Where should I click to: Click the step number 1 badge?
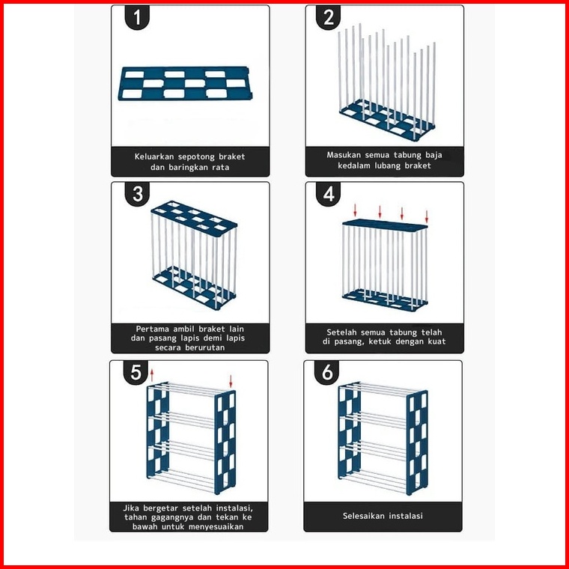coord(137,17)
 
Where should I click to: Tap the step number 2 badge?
coord(328,17)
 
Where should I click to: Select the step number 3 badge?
coord(137,194)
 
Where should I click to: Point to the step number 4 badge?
coord(328,194)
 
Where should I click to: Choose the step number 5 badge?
coord(136,372)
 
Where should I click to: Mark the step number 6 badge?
coord(326,372)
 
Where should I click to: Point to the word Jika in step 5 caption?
coord(131,508)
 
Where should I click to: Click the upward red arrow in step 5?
coord(152,375)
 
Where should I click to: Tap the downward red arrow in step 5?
coord(231,381)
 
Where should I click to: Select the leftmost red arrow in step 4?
coord(356,210)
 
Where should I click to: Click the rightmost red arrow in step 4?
coord(427,216)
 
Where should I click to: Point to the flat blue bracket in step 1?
coord(186,83)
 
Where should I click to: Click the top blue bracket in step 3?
coord(194,219)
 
